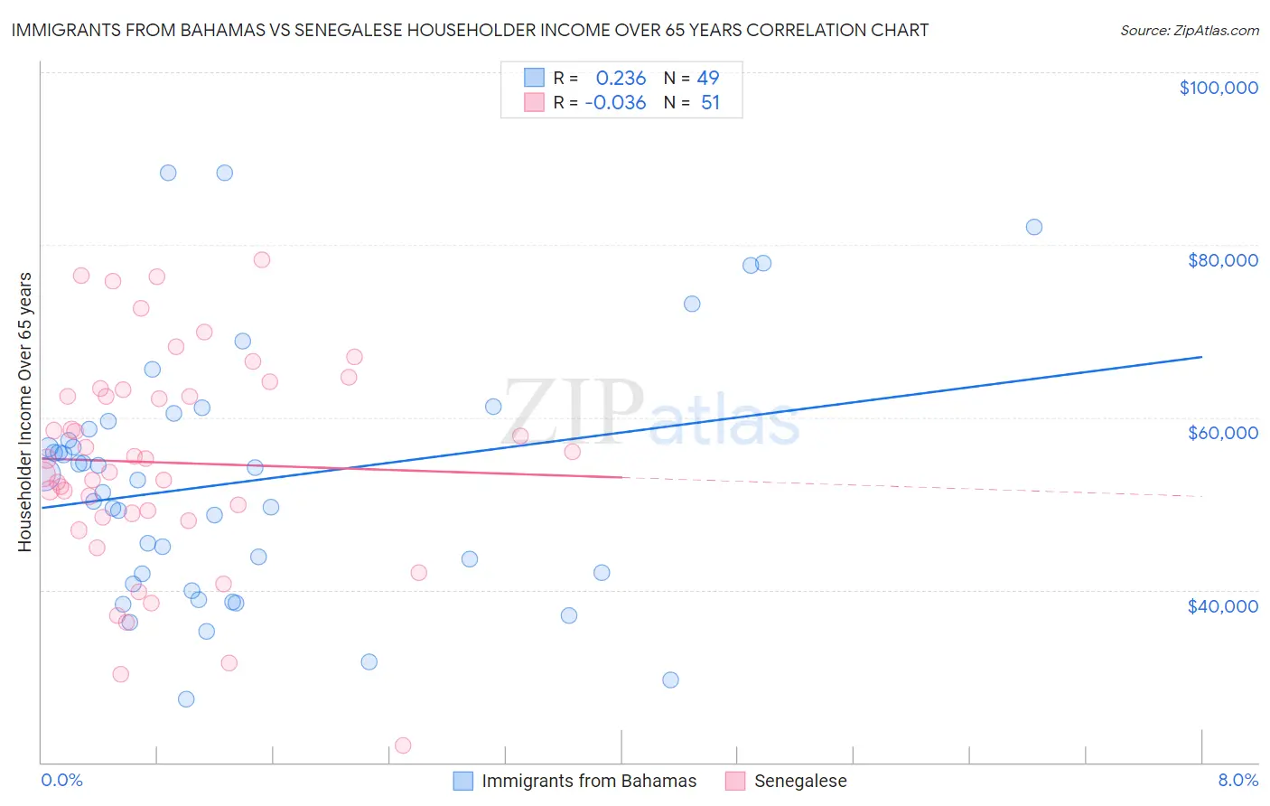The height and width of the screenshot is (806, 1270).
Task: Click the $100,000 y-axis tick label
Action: (1218, 88)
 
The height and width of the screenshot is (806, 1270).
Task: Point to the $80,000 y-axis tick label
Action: (1222, 260)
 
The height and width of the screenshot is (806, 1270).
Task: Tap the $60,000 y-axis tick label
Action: (1222, 433)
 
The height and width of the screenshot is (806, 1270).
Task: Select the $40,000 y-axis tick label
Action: (1222, 606)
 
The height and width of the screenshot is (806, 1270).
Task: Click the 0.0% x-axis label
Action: (61, 780)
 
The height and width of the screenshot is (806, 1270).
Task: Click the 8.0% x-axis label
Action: (1237, 780)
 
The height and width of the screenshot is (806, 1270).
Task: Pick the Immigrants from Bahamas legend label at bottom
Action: (589, 781)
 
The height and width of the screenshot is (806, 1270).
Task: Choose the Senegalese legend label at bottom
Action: (800, 781)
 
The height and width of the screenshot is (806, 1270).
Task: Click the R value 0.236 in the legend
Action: (621, 78)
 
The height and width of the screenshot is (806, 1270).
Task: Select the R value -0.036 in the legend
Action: (615, 103)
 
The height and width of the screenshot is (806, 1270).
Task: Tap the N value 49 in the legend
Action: (708, 78)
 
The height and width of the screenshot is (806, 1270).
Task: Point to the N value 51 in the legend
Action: (710, 103)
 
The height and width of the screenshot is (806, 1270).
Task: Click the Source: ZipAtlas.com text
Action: (1189, 31)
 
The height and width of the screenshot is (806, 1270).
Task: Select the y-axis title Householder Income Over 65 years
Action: (25, 411)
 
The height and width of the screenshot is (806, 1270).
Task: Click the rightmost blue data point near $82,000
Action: (1034, 227)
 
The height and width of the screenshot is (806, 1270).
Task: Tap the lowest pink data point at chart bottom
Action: (403, 745)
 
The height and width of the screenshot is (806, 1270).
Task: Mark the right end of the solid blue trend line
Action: (1201, 357)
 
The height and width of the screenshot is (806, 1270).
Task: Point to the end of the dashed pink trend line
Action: (1201, 496)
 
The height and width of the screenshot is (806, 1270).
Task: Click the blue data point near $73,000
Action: (692, 304)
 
